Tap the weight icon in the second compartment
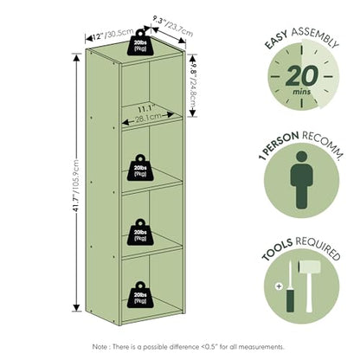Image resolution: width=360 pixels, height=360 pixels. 140,168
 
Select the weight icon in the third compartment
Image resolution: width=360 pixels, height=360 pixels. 140,232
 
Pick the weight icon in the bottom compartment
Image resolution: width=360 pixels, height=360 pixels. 140,295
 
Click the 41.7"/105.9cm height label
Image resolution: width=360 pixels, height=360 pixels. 76,185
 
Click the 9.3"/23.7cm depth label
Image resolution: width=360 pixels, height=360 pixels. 173,26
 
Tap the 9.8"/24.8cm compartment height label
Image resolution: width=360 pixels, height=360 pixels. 193,86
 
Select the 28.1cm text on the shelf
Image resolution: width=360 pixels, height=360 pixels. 148,117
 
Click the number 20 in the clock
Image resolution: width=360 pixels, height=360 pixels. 302,75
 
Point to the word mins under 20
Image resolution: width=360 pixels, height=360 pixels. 302,92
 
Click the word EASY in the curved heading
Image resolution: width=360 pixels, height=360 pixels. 276,40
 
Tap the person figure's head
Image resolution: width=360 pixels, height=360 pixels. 302,157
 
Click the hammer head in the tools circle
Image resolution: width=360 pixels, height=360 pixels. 310,267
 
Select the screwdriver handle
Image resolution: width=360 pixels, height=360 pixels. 290,300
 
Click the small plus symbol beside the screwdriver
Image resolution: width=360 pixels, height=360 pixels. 279,286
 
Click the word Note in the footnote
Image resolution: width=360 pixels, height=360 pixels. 100,346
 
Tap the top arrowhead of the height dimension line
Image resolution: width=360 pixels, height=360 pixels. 76,58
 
